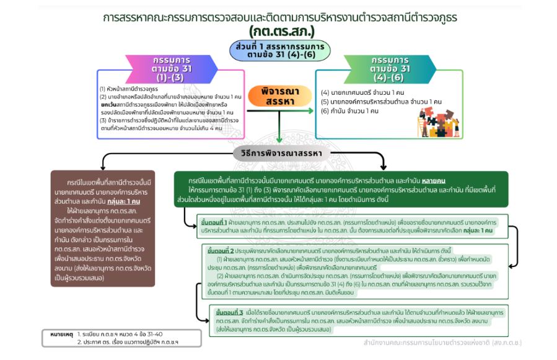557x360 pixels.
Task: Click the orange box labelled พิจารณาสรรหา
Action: (279, 97)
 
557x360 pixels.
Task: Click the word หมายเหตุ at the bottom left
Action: (62, 335)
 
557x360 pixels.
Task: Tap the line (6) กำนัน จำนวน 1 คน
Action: (349, 111)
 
